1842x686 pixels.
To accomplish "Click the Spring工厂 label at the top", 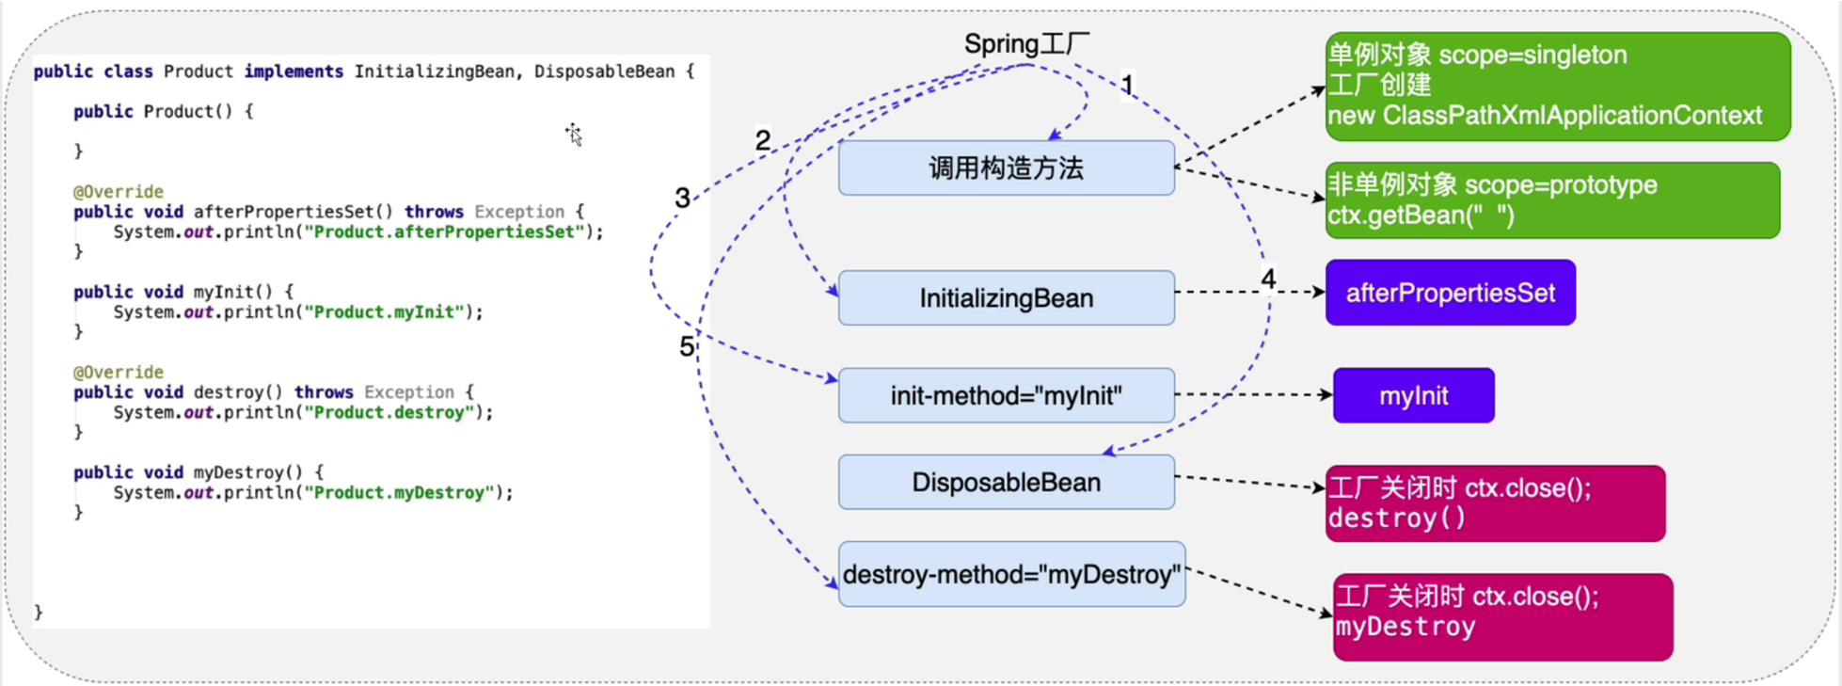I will coord(1026,44).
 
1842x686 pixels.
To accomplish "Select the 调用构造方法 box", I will coord(1006,168).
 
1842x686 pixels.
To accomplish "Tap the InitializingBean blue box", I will coord(1006,298).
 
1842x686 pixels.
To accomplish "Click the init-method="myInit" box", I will coord(1006,395).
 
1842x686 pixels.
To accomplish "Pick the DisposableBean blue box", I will coord(1006,483).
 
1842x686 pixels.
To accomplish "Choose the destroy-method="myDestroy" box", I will coord(1011,574).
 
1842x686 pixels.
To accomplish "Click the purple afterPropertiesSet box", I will coord(1450,293).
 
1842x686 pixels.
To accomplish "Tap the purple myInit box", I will coord(1413,395).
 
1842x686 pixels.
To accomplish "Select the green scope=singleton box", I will coord(1557,86).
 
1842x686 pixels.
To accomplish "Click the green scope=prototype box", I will coord(1552,200).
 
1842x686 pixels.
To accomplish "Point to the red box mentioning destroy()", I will coord(1495,503).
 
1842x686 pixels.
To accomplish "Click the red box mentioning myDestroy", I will coord(1502,616).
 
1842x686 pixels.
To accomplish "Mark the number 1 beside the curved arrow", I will coord(1127,85).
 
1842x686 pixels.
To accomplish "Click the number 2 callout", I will coord(762,141).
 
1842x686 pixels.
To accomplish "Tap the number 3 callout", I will coord(682,198).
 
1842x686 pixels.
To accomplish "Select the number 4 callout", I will coord(1268,279).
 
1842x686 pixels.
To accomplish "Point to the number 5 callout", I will coord(687,346).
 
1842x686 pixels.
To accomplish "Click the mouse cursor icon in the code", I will coord(574,135).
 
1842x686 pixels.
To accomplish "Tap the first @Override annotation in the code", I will coord(119,192).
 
